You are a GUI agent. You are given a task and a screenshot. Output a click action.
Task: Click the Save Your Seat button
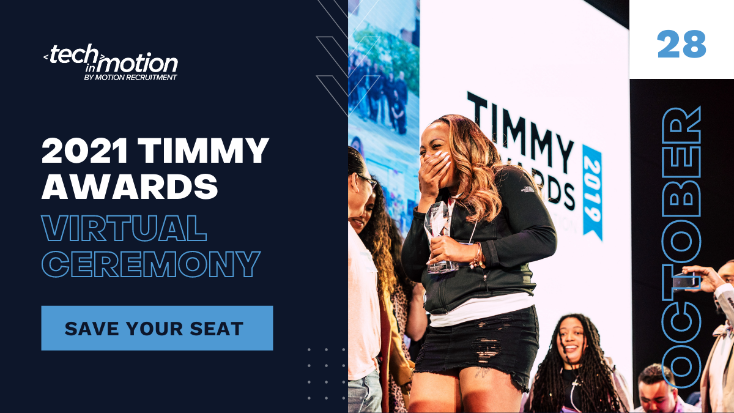coord(157,328)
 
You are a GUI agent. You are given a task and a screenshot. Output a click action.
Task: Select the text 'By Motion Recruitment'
coord(130,78)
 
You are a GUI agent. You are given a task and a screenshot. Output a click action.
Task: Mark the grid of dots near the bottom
coord(325,373)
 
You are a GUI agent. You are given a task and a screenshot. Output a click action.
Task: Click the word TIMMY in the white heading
coord(205,151)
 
